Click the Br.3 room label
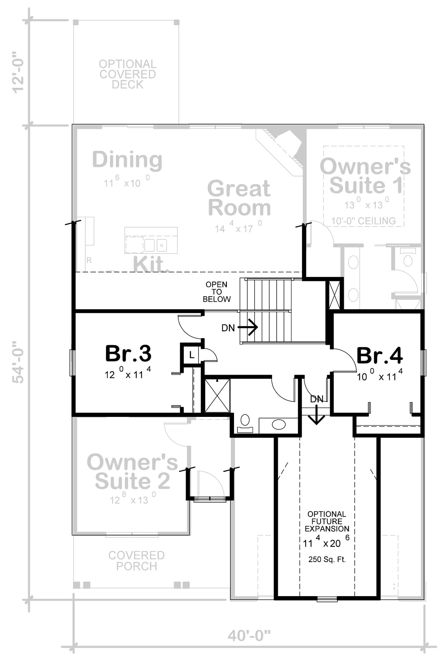128,353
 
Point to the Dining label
127,160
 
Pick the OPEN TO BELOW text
217,292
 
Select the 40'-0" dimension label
249,636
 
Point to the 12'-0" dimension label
18,72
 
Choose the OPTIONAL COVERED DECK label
128,74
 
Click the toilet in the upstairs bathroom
245,424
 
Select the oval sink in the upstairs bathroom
278,425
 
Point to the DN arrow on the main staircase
248,327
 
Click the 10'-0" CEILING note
363,221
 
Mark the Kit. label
151,264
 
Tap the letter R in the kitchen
89,260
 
